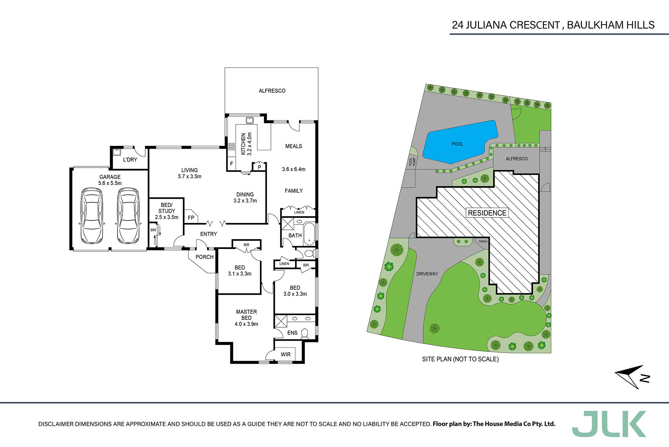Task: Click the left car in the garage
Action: click(92, 216)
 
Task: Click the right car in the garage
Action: click(128, 216)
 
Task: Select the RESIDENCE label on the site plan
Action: click(487, 213)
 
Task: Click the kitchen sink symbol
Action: click(250, 120)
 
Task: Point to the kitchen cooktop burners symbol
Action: click(231, 146)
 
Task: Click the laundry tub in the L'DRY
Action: click(116, 152)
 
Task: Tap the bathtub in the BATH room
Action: click(310, 232)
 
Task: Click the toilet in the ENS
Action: click(304, 334)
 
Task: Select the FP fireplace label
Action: click(191, 218)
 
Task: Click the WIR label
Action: click(286, 355)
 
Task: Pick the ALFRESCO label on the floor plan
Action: click(272, 91)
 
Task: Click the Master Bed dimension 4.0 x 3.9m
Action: click(246, 324)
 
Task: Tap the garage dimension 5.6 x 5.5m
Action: click(110, 183)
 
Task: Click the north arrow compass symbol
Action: click(632, 377)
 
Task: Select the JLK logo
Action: click(609, 424)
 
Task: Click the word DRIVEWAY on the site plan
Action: click(427, 274)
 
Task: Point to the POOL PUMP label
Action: click(412, 162)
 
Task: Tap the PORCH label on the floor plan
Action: click(204, 257)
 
